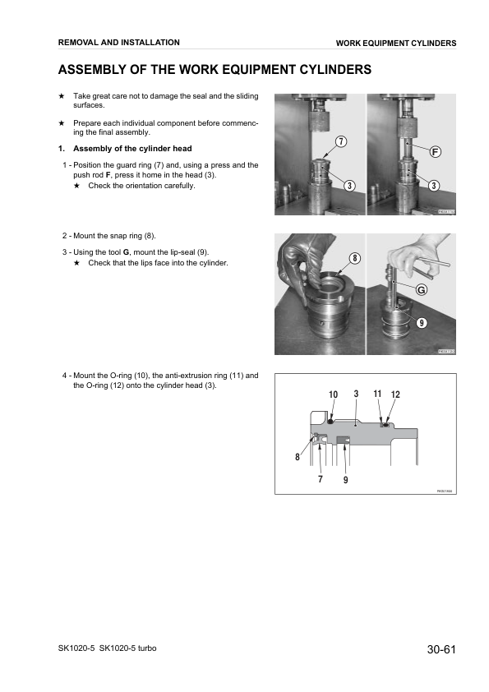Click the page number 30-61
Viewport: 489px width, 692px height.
pos(441,650)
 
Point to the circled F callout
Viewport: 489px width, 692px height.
pos(436,151)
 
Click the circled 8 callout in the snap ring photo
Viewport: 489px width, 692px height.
pos(355,258)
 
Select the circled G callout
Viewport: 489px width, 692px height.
pos(422,290)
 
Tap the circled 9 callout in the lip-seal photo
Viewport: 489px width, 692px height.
pos(421,322)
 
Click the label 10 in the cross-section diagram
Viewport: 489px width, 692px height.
pos(333,395)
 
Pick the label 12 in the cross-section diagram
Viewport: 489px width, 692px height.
pos(395,395)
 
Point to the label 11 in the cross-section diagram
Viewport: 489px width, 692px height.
pos(377,394)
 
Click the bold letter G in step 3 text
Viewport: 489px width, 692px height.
pos(126,251)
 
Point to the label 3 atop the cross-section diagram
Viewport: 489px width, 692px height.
pos(356,394)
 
